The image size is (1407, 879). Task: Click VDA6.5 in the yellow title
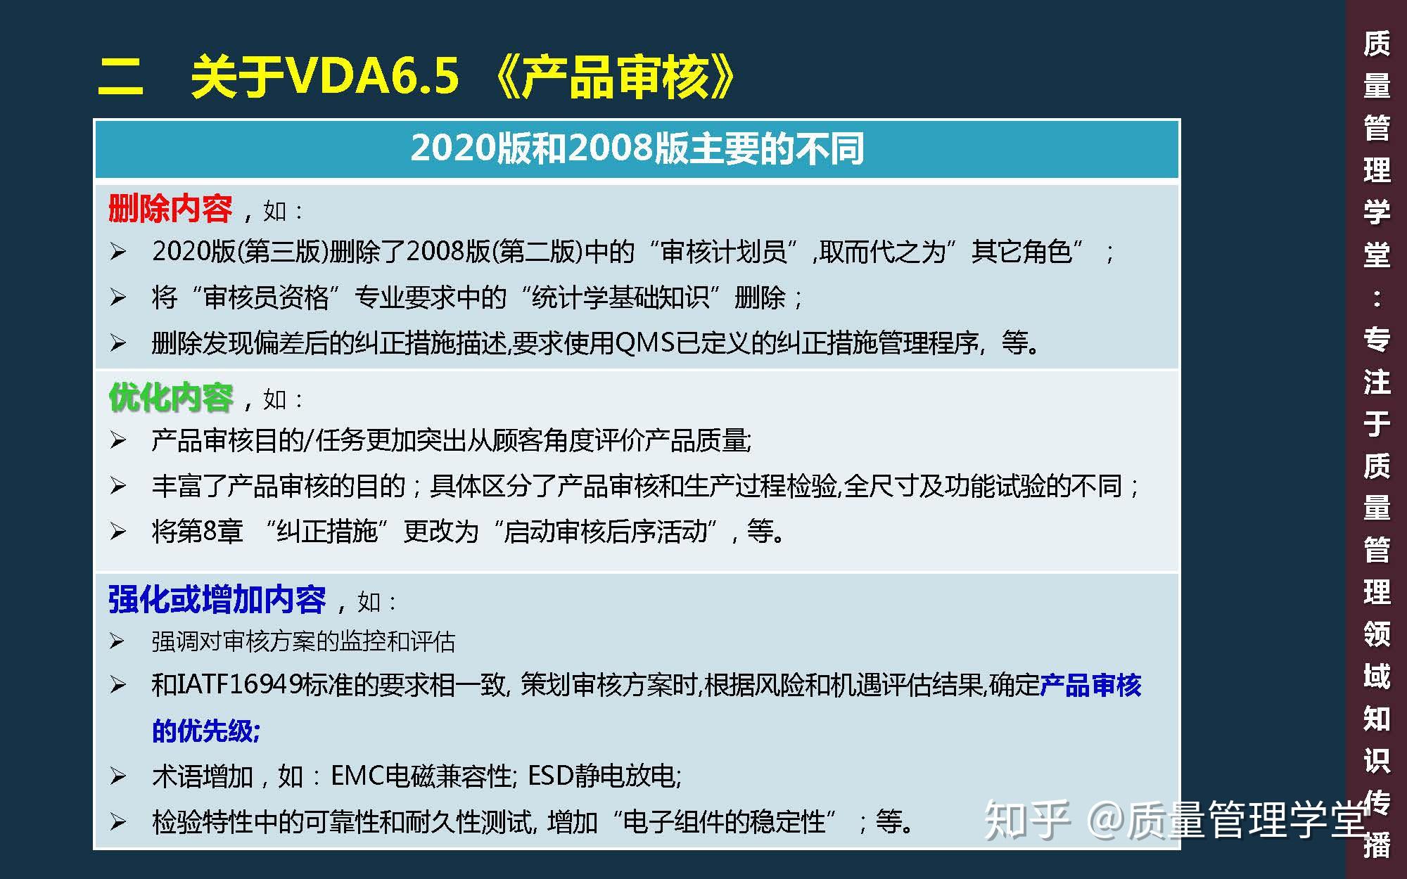click(373, 75)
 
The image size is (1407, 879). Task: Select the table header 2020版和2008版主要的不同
click(637, 148)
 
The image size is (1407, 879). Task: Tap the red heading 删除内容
click(170, 209)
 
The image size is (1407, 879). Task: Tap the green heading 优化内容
click(170, 397)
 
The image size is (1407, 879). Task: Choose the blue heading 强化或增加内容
click(217, 600)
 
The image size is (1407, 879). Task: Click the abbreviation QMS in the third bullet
click(645, 343)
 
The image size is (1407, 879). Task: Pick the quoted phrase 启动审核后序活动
click(606, 532)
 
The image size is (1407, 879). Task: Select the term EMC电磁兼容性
click(422, 776)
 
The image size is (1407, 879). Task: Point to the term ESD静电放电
click(603, 776)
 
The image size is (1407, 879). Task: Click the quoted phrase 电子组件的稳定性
click(724, 821)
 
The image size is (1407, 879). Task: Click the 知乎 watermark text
click(1027, 820)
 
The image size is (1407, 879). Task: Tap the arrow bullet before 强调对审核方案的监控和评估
click(117, 641)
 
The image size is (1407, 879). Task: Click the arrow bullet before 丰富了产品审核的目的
click(117, 486)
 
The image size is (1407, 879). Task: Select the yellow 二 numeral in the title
click(120, 77)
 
